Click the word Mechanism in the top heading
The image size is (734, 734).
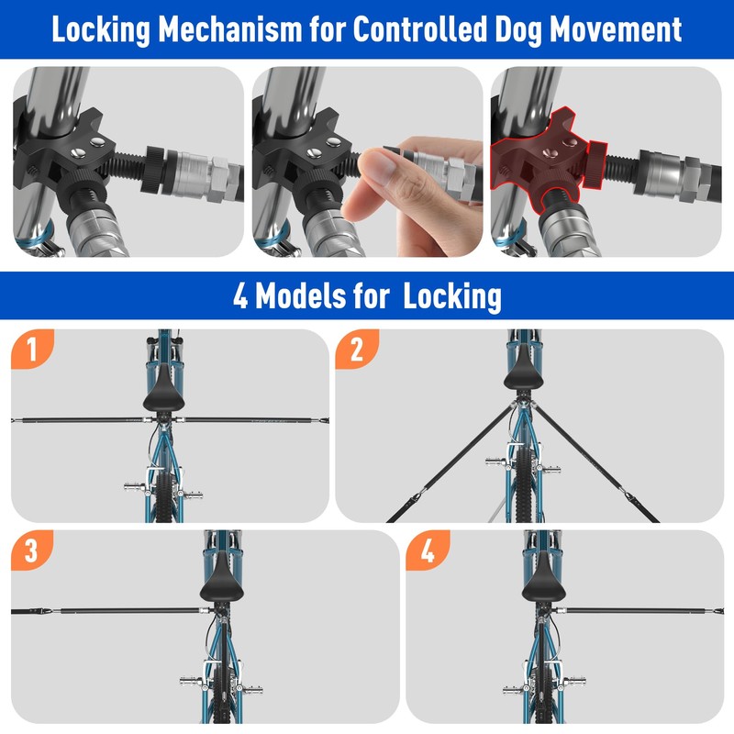pos(230,29)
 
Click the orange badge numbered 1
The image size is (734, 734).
pos(32,349)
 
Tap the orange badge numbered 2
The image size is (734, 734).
pos(357,349)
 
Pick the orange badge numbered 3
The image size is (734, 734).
pos(32,550)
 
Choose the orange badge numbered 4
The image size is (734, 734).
pos(428,550)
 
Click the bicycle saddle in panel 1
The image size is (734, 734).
pos(164,389)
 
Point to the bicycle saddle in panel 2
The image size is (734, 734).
pos(524,374)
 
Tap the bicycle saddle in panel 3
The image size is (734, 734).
pos(221,579)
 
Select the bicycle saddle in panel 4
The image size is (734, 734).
pos(543,579)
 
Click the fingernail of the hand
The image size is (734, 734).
pos(378,167)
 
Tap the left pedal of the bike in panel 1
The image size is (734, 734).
pos(134,487)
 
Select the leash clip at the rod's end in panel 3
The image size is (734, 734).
pos(35,611)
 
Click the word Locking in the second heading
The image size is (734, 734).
pos(451,297)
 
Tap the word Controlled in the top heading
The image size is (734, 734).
pos(419,29)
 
